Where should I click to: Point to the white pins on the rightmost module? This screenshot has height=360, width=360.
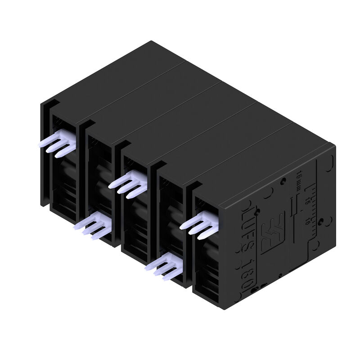[x=200, y=223]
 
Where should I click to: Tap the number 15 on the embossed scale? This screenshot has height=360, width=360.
[x=307, y=202]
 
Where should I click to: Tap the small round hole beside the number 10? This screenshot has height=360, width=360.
[x=321, y=221]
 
